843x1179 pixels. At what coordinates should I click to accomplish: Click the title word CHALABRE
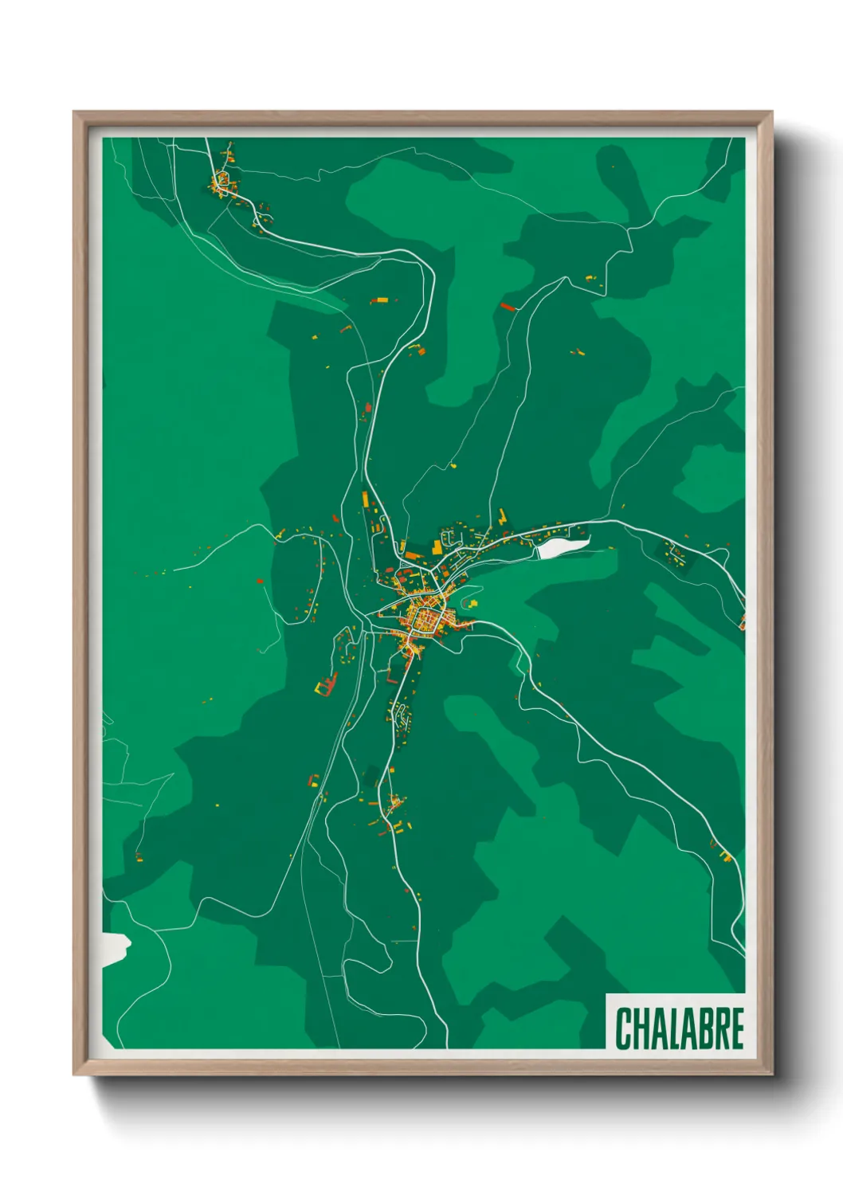click(x=679, y=1028)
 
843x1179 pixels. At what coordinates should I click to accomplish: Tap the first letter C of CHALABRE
click(x=623, y=1028)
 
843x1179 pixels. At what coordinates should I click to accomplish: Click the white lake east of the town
click(x=563, y=546)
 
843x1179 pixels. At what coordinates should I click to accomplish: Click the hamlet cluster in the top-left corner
click(x=222, y=182)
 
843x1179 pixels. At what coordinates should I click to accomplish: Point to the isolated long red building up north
click(x=508, y=307)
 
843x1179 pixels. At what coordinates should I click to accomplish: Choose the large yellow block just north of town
click(x=437, y=546)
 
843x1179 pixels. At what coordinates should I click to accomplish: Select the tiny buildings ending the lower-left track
click(x=139, y=857)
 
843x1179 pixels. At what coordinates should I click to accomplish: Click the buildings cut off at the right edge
click(x=742, y=620)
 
